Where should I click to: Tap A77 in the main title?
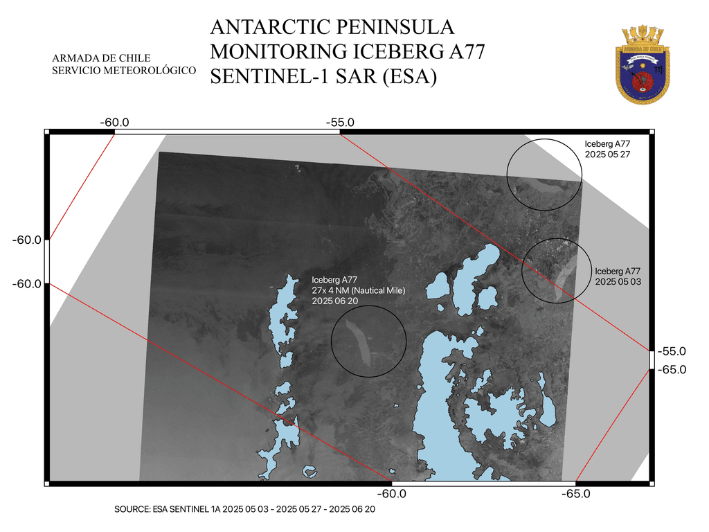pyautogui.click(x=460, y=51)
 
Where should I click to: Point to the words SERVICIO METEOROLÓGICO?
pyautogui.click(x=124, y=71)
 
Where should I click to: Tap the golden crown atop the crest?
pyautogui.click(x=643, y=35)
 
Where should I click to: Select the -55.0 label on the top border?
pyautogui.click(x=341, y=122)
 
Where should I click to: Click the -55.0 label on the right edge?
pyautogui.click(x=671, y=352)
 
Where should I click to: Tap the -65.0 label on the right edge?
pyautogui.click(x=671, y=370)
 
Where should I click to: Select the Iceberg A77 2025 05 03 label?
pyautogui.click(x=618, y=276)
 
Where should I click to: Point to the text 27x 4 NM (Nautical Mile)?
pyautogui.click(x=358, y=290)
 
